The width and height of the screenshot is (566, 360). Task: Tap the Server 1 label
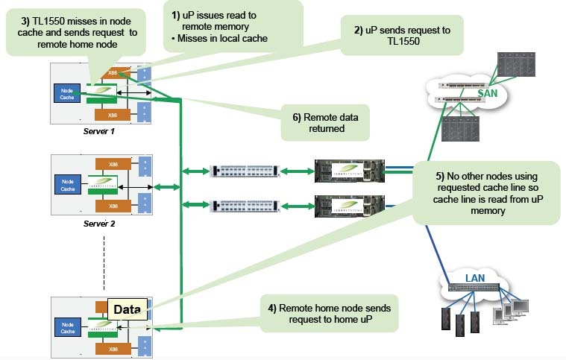tap(101, 130)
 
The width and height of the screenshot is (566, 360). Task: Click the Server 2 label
tap(101, 222)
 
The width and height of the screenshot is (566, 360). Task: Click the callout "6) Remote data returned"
tap(325, 122)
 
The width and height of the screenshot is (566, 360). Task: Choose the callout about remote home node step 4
tap(328, 313)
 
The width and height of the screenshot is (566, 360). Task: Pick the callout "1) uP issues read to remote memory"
tap(233, 26)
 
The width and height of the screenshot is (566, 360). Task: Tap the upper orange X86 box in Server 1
tap(113, 72)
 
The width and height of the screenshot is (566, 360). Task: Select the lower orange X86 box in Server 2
tap(113, 205)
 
